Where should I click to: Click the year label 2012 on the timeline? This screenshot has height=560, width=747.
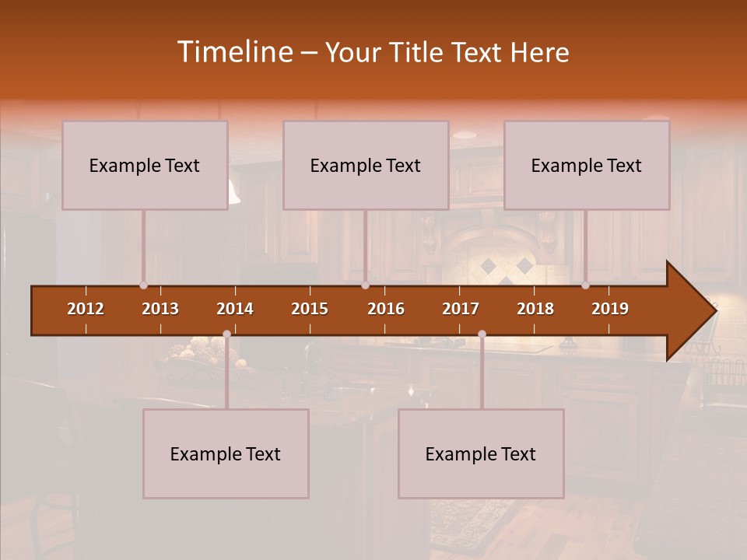click(x=86, y=309)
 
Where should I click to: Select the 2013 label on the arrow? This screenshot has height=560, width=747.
click(x=160, y=309)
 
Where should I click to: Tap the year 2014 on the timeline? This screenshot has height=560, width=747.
click(x=235, y=309)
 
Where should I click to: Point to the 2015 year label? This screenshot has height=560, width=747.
click(x=310, y=309)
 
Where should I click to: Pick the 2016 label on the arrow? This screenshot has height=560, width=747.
click(x=386, y=309)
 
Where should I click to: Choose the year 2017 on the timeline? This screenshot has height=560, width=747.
click(x=461, y=309)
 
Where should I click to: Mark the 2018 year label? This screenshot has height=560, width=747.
click(x=535, y=309)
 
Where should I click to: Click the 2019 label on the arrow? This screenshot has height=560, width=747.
click(x=610, y=309)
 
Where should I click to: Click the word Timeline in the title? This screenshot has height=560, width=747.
click(x=233, y=52)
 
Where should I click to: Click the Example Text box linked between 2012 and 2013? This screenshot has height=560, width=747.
click(x=145, y=165)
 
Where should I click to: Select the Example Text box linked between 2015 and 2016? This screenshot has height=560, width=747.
click(x=366, y=165)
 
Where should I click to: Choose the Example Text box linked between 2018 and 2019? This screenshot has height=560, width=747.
click(x=587, y=165)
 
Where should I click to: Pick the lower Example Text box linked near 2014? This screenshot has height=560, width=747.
click(x=226, y=453)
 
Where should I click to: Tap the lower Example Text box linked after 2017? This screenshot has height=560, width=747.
click(x=481, y=453)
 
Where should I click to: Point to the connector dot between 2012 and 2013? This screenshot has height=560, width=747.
click(x=143, y=285)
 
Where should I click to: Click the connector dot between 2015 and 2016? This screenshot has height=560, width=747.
click(x=365, y=285)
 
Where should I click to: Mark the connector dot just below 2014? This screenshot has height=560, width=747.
click(x=226, y=334)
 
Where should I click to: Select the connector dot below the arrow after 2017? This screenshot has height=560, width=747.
click(x=482, y=334)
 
